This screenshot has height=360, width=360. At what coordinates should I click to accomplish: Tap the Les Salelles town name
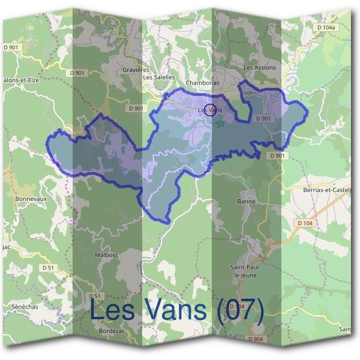(x=159, y=77)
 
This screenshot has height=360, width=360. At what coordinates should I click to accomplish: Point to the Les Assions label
(x=260, y=67)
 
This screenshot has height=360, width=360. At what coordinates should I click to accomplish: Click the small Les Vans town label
(x=209, y=110)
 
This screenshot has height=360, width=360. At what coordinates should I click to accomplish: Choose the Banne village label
(x=247, y=201)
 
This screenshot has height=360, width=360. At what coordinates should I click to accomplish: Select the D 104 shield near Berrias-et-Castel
(x=305, y=223)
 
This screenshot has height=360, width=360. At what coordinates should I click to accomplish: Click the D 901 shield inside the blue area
(x=263, y=119)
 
